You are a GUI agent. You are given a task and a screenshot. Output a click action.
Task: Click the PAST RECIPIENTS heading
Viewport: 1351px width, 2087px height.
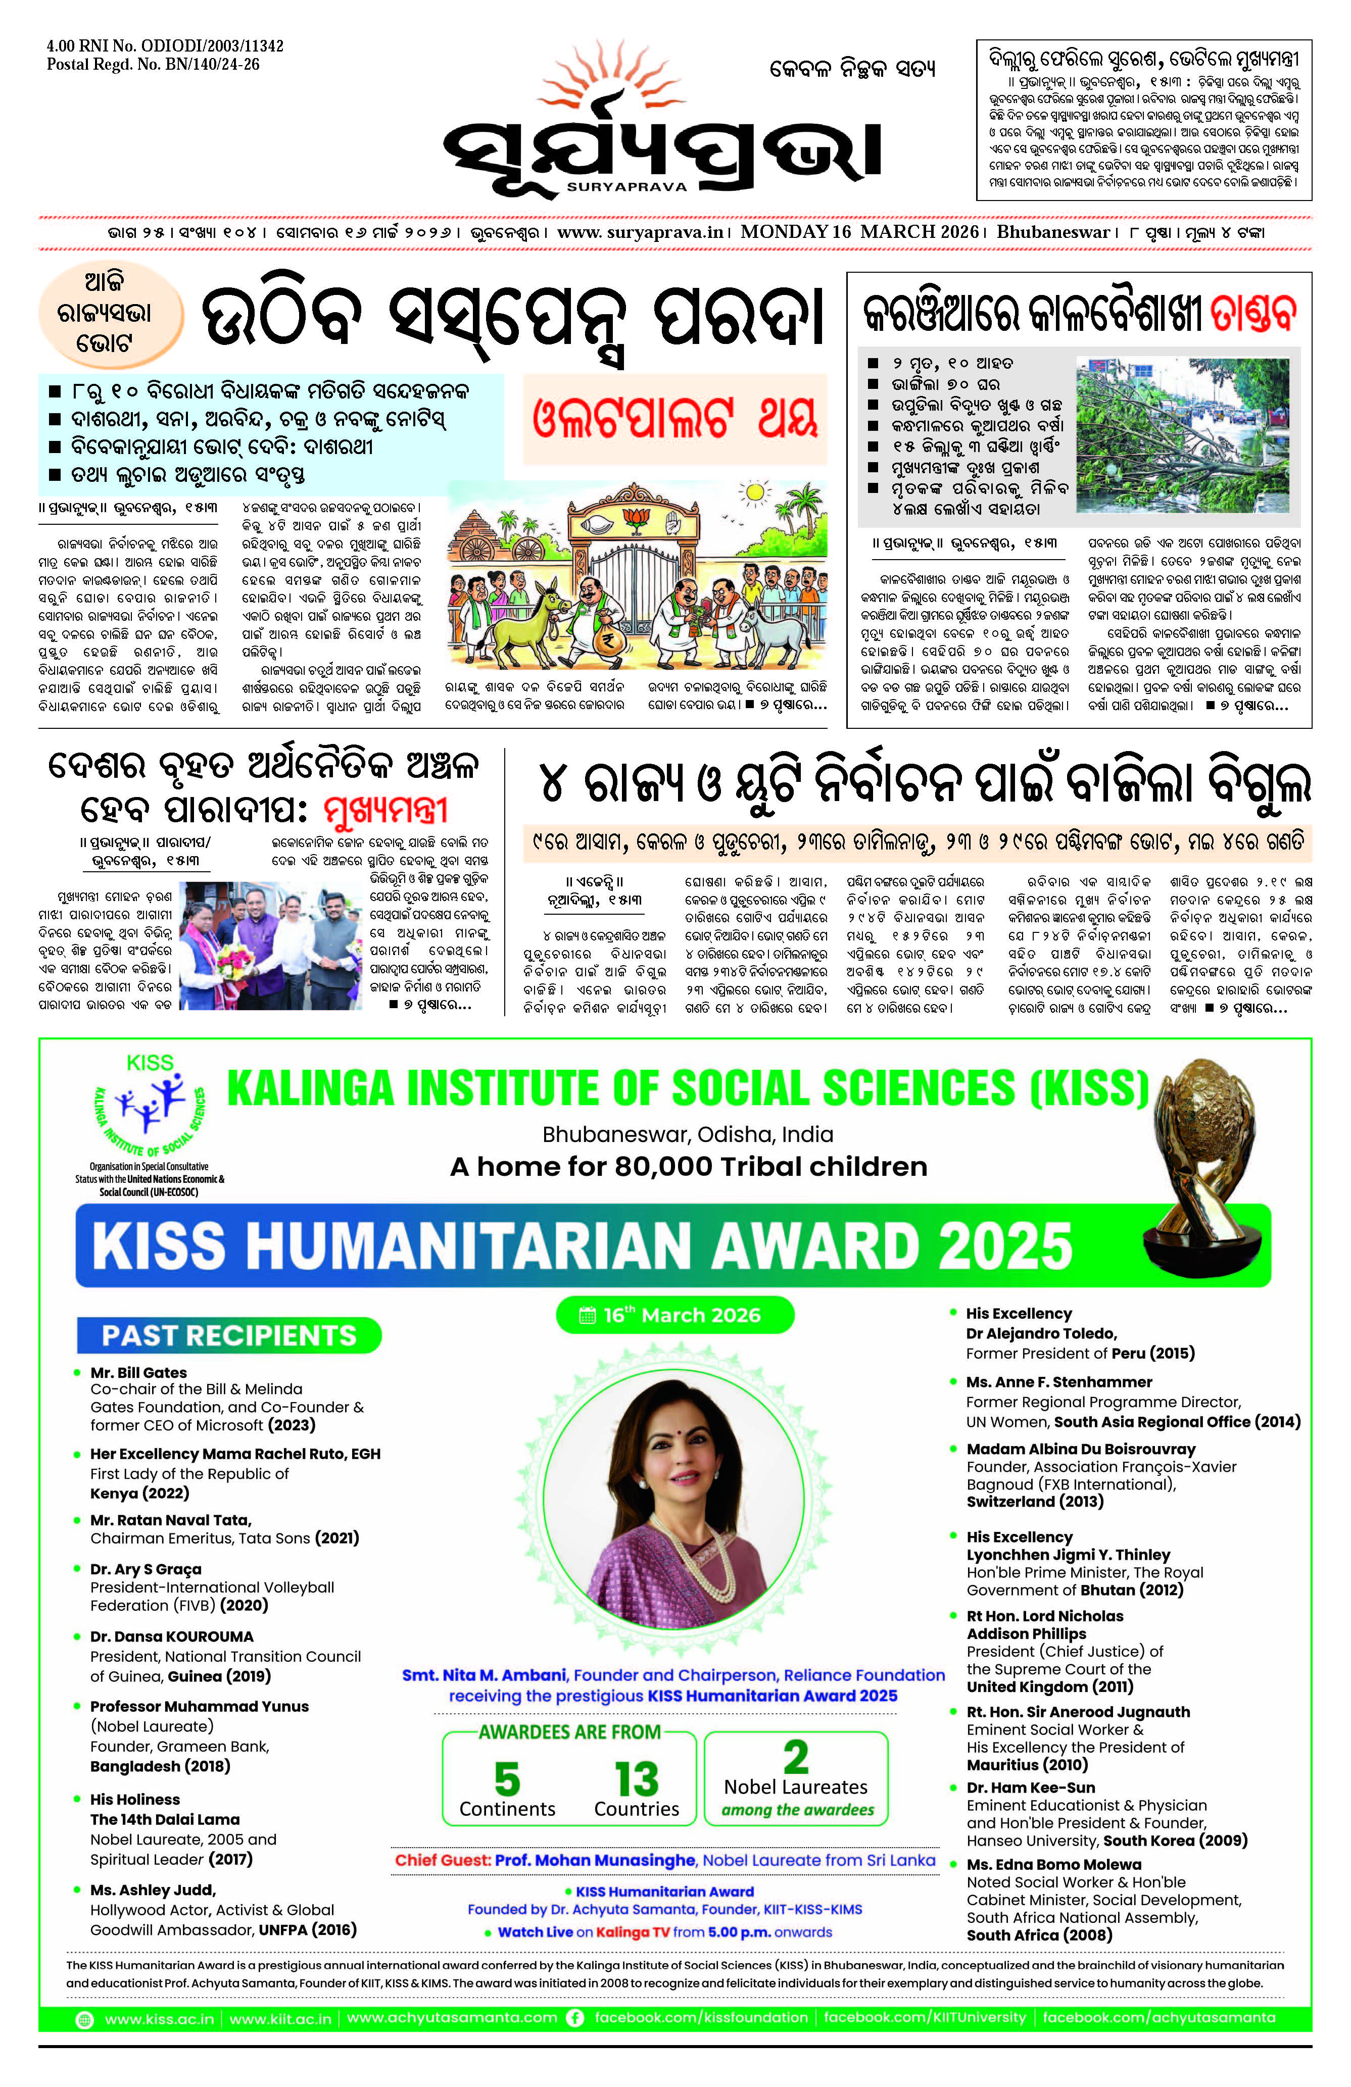click(229, 1334)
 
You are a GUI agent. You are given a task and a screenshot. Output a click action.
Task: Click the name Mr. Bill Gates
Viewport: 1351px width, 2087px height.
click(138, 1372)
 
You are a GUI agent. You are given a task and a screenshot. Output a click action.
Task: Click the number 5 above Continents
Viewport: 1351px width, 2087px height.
click(507, 1778)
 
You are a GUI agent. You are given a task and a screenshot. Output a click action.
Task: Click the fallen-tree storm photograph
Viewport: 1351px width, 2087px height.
click(1183, 435)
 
